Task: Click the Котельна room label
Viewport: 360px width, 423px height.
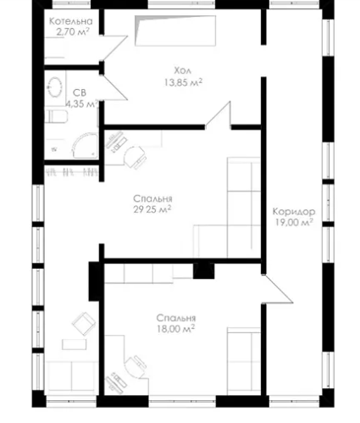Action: pyautogui.click(x=70, y=21)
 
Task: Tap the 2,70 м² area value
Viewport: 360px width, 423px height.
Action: pyautogui.click(x=73, y=31)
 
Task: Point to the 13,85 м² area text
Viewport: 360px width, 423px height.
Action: pyautogui.click(x=183, y=82)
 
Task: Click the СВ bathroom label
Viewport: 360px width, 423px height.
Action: pyautogui.click(x=80, y=92)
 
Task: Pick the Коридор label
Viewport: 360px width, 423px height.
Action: pyautogui.click(x=294, y=211)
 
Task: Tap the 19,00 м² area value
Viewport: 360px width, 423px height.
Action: pyautogui.click(x=294, y=222)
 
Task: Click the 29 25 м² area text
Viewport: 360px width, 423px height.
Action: pyautogui.click(x=152, y=209)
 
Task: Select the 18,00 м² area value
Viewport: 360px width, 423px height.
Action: pyautogui.click(x=175, y=329)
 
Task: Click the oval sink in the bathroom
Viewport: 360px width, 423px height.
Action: pyautogui.click(x=55, y=87)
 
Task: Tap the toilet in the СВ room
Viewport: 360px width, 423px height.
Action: pyautogui.click(x=57, y=117)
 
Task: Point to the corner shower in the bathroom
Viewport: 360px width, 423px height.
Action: pyautogui.click(x=85, y=146)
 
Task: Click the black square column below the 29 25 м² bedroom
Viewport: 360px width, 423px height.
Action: pyautogui.click(x=203, y=271)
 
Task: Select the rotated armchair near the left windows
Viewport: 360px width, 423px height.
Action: pyautogui.click(x=84, y=324)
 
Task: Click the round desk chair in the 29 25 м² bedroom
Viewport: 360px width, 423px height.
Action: pyautogui.click(x=135, y=157)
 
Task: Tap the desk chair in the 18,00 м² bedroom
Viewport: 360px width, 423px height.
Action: pyautogui.click(x=135, y=366)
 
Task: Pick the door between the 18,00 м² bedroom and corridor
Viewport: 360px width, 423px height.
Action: pyautogui.click(x=277, y=289)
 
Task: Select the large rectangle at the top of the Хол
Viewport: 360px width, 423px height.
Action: pyautogui.click(x=175, y=31)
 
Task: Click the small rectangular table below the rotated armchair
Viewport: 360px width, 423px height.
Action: pyautogui.click(x=75, y=344)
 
